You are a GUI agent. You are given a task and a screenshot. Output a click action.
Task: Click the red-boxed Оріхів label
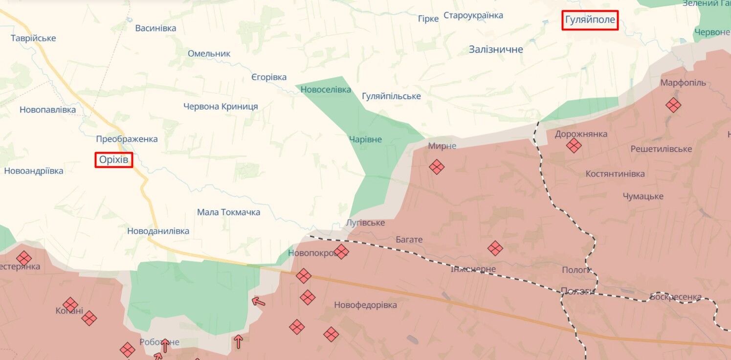pyautogui.click(x=114, y=159)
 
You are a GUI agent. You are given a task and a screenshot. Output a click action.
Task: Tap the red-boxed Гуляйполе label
pyautogui.click(x=590, y=21)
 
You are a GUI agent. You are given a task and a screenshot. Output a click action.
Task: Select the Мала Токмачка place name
pyautogui.click(x=228, y=212)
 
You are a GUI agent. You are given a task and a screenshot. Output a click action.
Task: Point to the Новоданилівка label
pyautogui.click(x=158, y=231)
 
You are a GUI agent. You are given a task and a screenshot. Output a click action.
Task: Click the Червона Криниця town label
pyautogui.click(x=221, y=107)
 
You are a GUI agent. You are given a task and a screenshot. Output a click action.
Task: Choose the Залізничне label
pyautogui.click(x=496, y=49)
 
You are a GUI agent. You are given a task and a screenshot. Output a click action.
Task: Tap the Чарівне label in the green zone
pyautogui.click(x=365, y=140)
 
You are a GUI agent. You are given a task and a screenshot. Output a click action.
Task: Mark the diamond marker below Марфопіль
pyautogui.click(x=673, y=105)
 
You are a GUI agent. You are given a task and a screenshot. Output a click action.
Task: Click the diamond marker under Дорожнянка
pyautogui.click(x=574, y=145)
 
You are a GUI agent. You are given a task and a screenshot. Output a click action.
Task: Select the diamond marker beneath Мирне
pyautogui.click(x=437, y=167)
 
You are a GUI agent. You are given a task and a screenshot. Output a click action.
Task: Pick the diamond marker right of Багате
pyautogui.click(x=495, y=248)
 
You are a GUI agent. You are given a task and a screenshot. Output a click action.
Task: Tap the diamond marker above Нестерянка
pyautogui.click(x=23, y=258)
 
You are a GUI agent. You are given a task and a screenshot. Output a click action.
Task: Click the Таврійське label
pyautogui.click(x=33, y=38)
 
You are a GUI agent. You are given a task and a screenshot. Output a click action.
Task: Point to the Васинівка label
pyautogui.click(x=155, y=28)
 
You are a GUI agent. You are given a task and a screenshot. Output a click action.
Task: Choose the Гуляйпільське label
pyautogui.click(x=391, y=96)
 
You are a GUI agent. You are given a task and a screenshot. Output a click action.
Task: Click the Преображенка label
pyautogui.click(x=127, y=139)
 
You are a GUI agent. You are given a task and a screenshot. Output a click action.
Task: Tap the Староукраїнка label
pyautogui.click(x=473, y=16)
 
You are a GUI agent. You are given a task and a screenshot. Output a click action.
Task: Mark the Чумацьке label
pyautogui.click(x=643, y=196)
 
